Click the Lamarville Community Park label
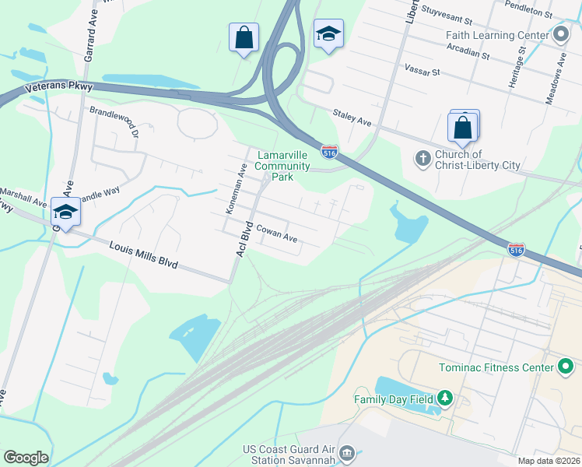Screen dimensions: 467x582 point(282,166)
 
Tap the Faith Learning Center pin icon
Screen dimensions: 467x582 point(561,35)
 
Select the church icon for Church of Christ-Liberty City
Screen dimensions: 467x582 point(422,159)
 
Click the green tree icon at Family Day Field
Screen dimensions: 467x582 point(444,399)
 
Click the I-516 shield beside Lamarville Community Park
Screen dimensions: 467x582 point(329,149)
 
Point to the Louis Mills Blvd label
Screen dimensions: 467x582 point(145,254)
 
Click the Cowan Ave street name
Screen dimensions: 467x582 point(278,233)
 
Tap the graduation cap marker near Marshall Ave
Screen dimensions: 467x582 point(66,212)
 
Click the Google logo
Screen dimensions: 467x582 point(26,458)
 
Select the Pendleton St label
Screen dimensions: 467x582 point(549,13)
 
